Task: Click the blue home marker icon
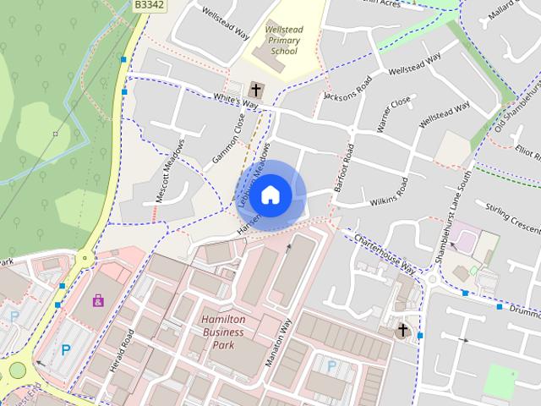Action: pos(270,195)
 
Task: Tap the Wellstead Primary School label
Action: pos(284,40)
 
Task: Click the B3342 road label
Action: pos(150,5)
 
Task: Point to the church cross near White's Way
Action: pos(256,89)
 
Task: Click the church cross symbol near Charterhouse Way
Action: pos(403,330)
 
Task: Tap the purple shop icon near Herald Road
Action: pos(99,300)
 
